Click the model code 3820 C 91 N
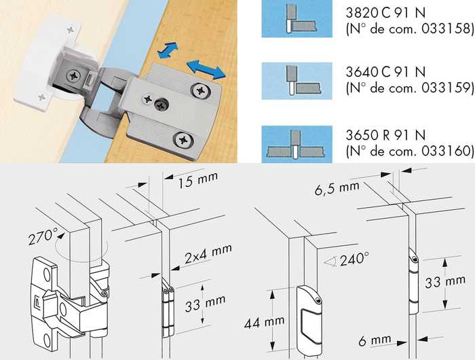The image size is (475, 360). (x=385, y=13)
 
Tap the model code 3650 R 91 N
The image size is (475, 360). (x=385, y=135)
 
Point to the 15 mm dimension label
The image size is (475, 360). (x=198, y=180)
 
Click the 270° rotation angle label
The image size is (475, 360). (x=43, y=236)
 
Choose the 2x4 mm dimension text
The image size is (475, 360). (x=208, y=253)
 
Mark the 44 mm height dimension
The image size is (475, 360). (x=265, y=323)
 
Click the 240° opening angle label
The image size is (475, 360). (x=354, y=259)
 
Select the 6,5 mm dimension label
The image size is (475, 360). (x=337, y=188)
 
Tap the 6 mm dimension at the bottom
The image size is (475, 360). (x=375, y=340)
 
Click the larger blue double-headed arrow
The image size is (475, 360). (x=206, y=69)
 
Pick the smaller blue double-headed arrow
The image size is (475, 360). (x=168, y=50)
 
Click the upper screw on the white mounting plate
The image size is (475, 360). (x=71, y=30)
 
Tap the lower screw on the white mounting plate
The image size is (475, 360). (x=41, y=98)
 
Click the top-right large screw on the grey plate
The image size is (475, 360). (x=200, y=90)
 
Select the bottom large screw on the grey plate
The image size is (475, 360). (x=183, y=140)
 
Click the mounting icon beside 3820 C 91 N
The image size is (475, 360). (x=297, y=18)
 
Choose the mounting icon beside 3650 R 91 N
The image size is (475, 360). (x=297, y=144)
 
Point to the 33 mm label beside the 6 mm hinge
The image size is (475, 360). (x=445, y=282)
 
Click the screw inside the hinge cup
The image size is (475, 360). (x=73, y=75)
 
